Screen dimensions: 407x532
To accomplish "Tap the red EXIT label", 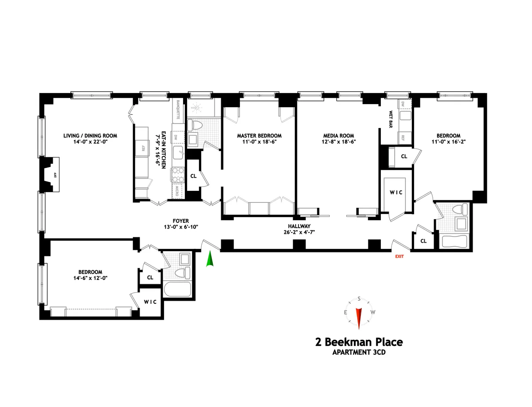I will (x=399, y=256).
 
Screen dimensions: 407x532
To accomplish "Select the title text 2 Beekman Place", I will (x=359, y=342).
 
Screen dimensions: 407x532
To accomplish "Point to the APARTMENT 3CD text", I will (x=359, y=353).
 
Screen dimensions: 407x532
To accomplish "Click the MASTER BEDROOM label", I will (x=259, y=136).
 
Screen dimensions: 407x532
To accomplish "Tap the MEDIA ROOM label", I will (x=337, y=136).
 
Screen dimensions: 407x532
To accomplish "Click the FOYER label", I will (x=180, y=221).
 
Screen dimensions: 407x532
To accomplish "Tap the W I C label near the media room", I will (x=396, y=193).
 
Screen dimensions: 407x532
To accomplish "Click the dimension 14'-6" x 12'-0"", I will (x=84, y=278).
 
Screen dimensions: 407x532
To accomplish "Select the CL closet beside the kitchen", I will (x=193, y=176).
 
